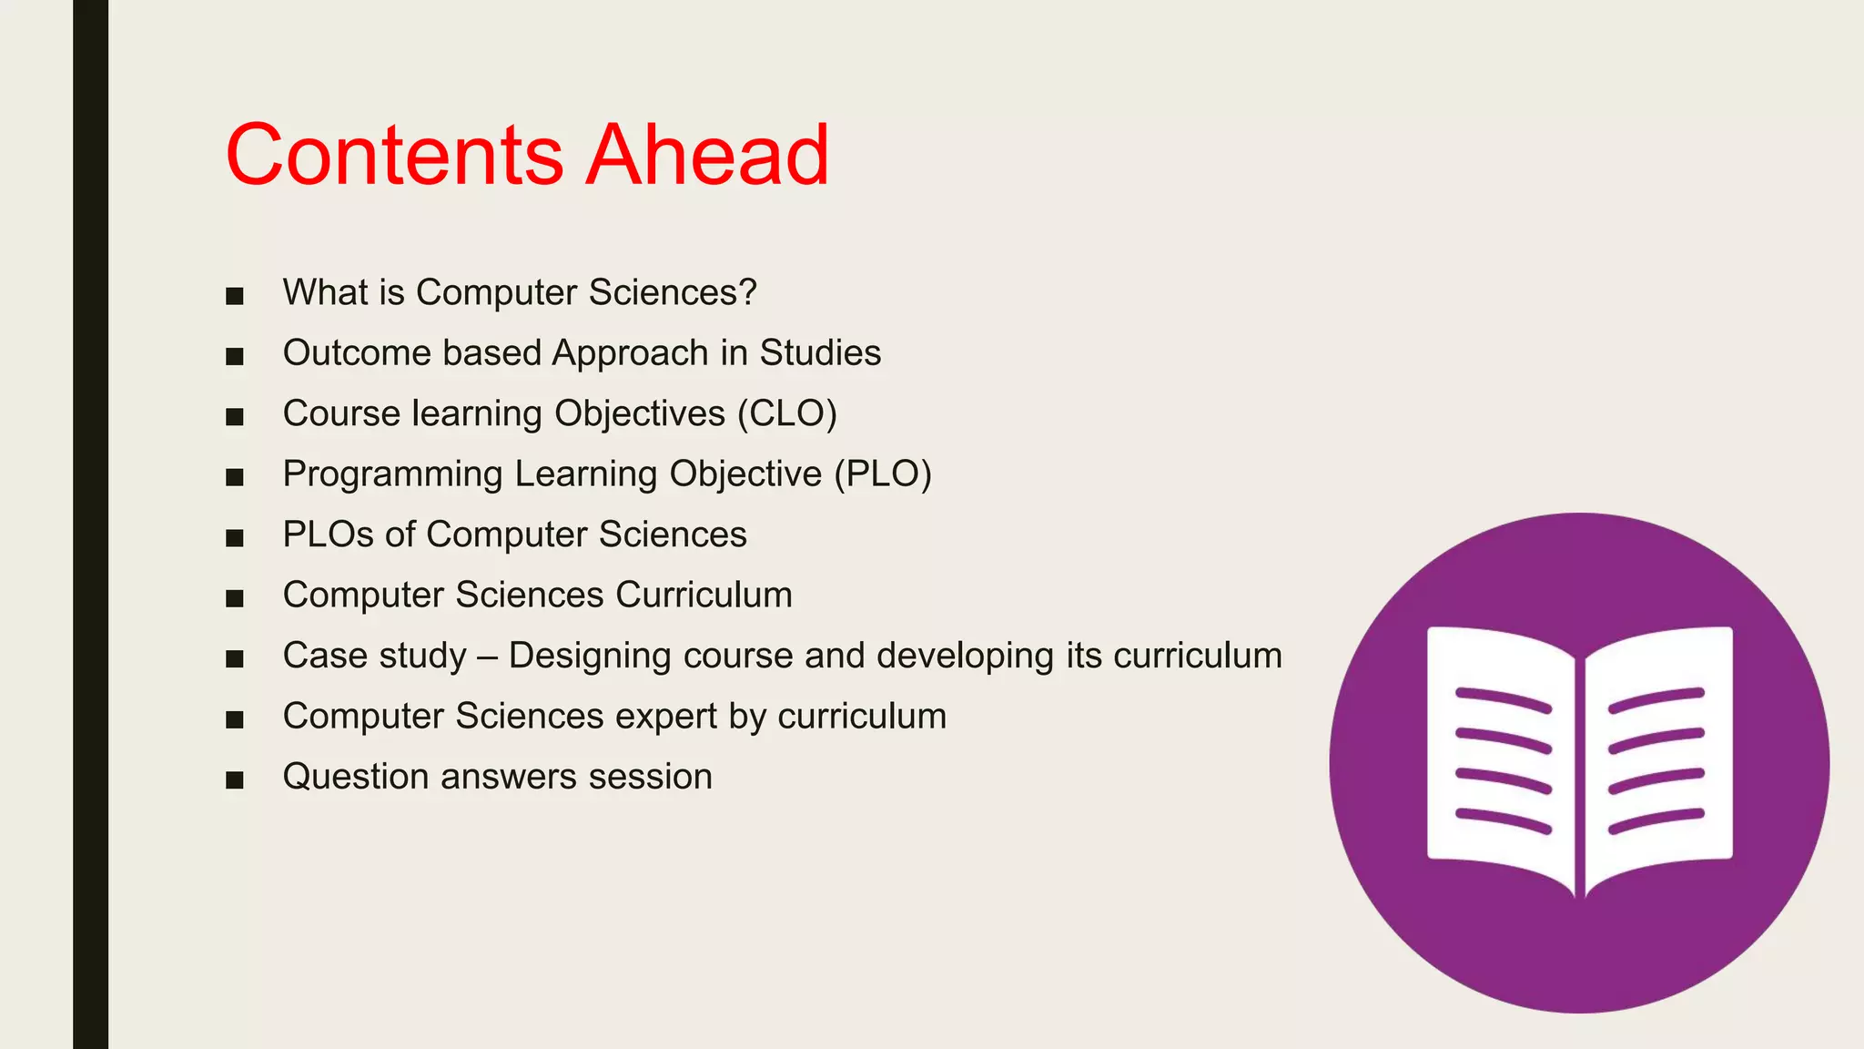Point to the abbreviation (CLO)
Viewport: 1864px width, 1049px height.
coord(786,413)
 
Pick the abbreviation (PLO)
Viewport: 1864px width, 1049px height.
coord(883,474)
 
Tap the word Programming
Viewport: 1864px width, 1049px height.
coord(392,474)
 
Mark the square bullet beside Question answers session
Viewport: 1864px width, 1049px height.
coord(235,780)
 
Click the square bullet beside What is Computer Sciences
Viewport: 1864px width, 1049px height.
coord(235,296)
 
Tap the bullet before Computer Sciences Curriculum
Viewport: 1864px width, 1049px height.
coord(235,598)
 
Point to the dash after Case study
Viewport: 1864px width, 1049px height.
coord(487,657)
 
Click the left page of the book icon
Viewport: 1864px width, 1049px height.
coord(1502,756)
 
